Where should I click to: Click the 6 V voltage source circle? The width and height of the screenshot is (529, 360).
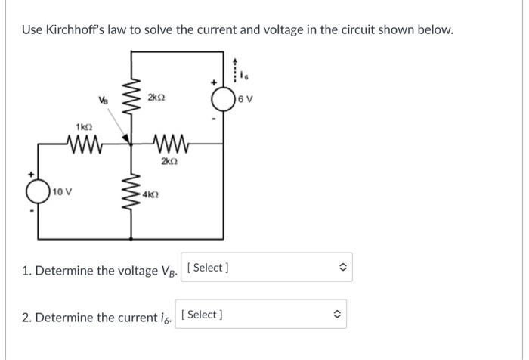224,100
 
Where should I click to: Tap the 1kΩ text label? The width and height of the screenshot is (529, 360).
82,126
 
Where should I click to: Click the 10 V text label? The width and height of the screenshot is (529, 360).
63,192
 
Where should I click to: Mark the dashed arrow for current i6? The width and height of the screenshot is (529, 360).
235,68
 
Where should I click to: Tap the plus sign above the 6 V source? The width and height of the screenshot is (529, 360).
214,82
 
